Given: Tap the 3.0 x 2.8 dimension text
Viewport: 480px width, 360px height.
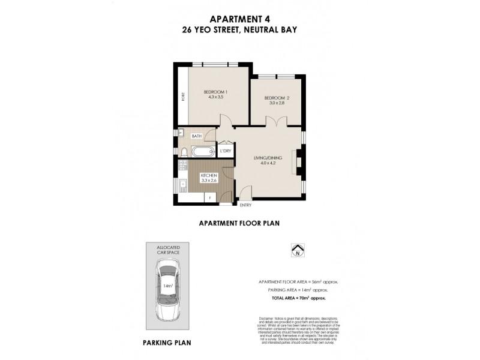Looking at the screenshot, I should (277, 103).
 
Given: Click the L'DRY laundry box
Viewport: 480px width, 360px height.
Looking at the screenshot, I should (226, 151).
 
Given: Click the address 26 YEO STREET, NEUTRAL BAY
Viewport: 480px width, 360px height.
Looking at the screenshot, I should (240, 29).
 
